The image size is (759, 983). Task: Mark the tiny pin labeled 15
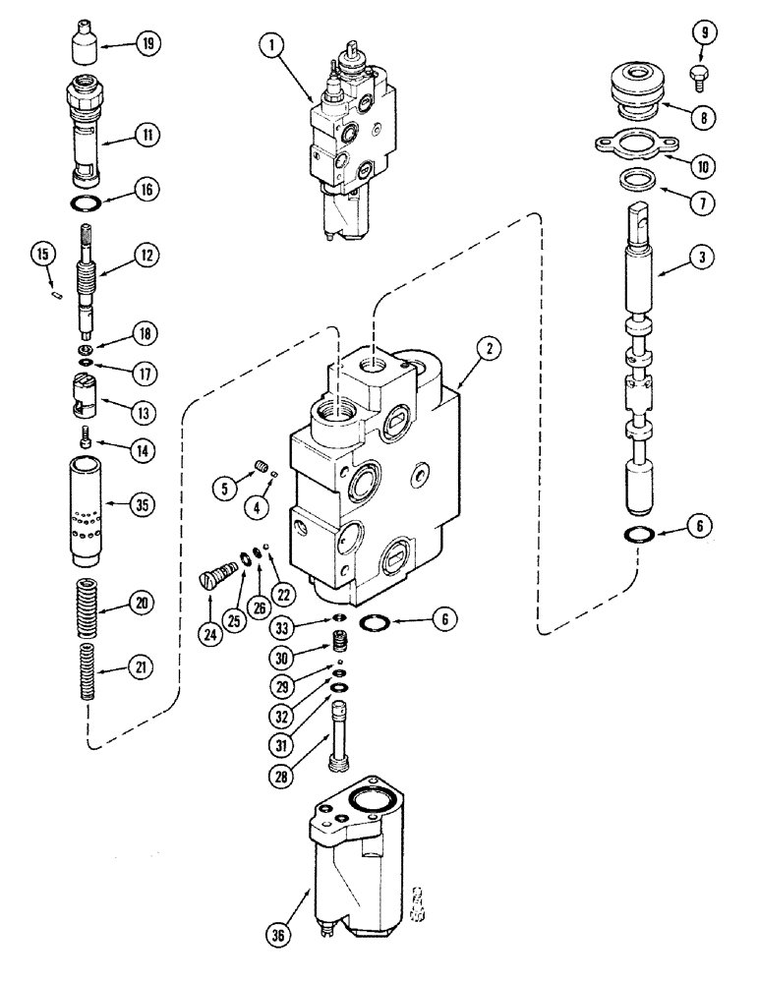pos(56,289)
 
